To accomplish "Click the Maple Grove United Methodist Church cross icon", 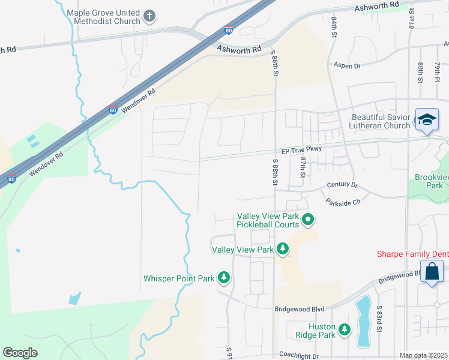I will pos(150,16).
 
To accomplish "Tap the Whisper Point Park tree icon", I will pos(224,278).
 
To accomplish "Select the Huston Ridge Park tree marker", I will pos(344,329).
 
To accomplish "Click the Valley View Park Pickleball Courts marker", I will pos(308,220).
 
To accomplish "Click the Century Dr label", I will pos(342,185).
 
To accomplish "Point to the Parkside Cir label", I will pos(343,202).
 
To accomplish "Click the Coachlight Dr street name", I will pos(298,356).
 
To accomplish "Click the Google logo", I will pos(20,353).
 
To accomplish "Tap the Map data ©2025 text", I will pos(423,356).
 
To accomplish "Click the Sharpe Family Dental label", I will pos(412,254).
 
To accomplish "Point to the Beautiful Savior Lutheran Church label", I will pos(381,121).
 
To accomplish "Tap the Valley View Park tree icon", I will pos(282,248).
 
